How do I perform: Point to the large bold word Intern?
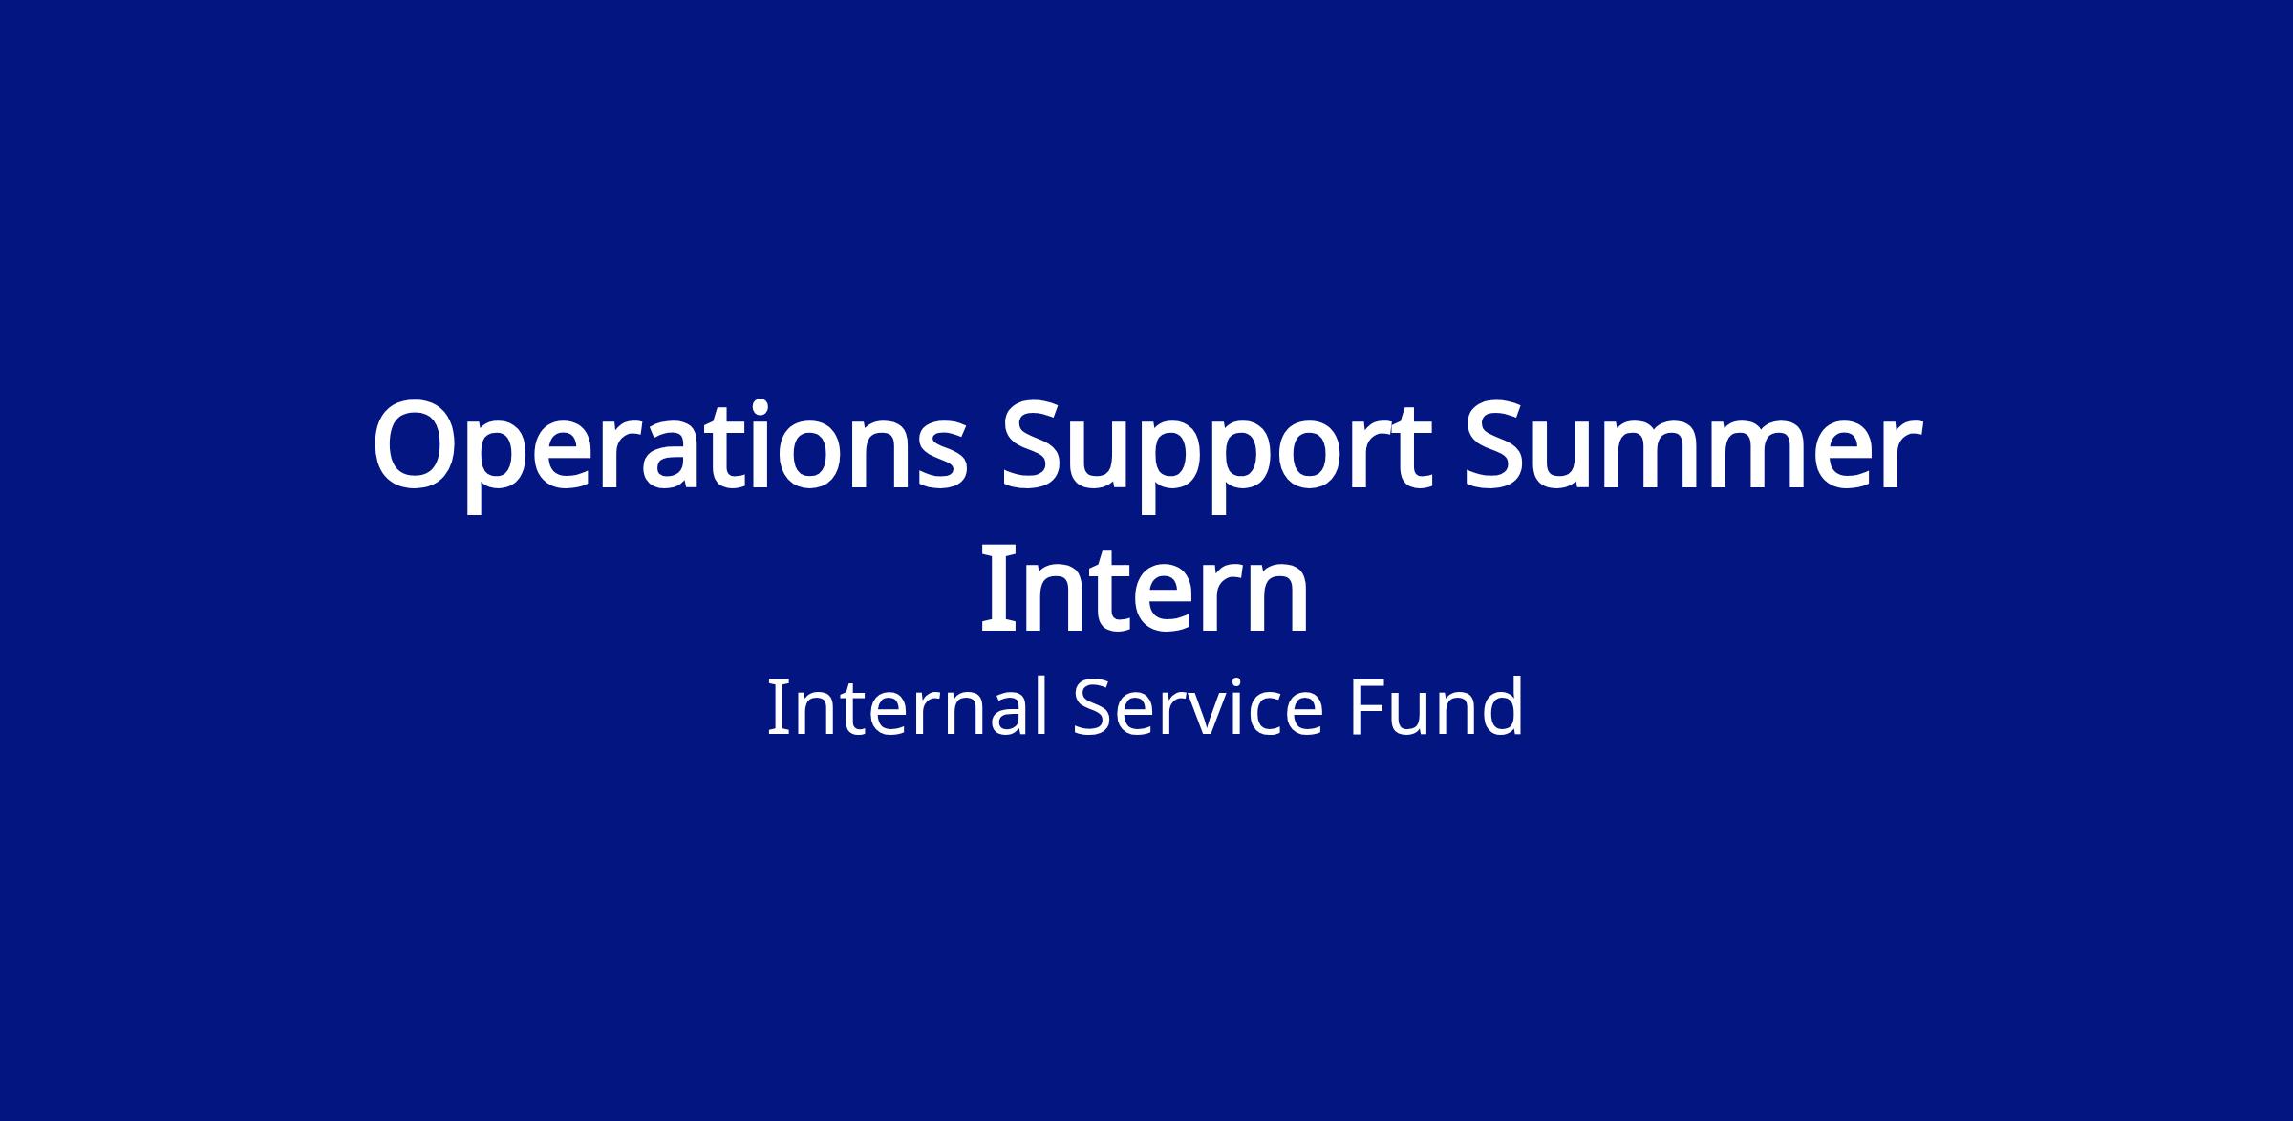[1145, 591]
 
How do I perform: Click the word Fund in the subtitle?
[1437, 708]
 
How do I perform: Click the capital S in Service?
[1094, 708]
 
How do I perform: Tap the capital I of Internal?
[776, 708]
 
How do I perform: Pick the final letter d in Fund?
[1502, 707]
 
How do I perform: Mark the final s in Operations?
[944, 460]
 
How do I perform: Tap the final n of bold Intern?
[1279, 599]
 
